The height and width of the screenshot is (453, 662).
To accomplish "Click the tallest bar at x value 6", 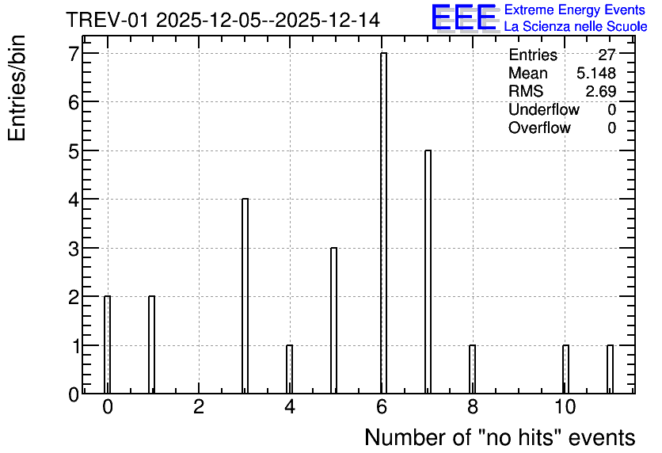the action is pos(383,223).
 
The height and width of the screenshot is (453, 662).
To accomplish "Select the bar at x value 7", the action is pos(428,272).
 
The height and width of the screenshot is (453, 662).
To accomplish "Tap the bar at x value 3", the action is pos(245,296).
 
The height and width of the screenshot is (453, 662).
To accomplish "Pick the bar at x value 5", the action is pos(333,321).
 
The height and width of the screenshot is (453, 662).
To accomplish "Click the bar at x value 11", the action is pos(610,369).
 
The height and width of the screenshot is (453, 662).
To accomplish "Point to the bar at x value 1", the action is pos(151,345).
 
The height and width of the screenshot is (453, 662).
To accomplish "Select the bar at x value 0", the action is pos(107,345).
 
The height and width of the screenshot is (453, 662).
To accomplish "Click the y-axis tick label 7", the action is pos(74,54).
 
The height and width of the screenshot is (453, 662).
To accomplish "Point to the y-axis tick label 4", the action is pos(74,200).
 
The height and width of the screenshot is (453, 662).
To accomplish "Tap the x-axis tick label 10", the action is pos(565,407).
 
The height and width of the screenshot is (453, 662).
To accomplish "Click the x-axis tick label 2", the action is pos(199,407).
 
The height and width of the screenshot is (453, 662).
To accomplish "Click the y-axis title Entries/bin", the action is pos(17,88).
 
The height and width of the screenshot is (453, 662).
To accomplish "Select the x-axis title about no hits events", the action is pos(500,437).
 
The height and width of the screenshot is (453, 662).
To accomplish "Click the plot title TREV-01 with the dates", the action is pos(223,21).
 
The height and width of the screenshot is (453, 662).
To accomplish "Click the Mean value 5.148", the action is pos(596,73).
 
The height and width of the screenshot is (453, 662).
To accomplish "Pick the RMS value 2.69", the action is pos(600,91).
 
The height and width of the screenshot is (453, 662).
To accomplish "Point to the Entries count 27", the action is pos(607,55).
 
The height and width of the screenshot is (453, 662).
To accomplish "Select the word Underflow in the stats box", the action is pos(544,109).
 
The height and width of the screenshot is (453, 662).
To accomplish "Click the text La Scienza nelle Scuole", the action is pos(576,26).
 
